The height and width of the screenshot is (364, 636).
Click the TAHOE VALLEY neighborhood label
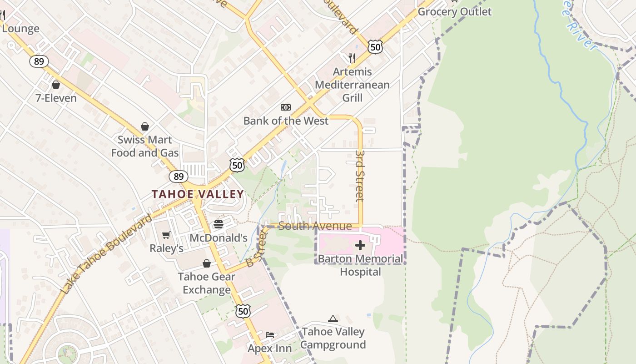[x=198, y=194]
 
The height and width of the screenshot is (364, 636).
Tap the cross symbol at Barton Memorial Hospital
[x=360, y=246]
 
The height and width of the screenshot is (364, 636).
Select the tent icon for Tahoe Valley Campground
[x=333, y=318]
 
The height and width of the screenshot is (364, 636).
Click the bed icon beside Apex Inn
[x=270, y=335]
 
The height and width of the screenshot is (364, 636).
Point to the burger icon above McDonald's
[x=219, y=224]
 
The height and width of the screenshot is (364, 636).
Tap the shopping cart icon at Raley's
[x=166, y=235]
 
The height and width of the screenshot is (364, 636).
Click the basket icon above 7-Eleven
[x=56, y=85]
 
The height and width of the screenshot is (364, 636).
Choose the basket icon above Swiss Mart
[x=145, y=126]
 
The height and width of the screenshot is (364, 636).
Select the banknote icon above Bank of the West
[x=285, y=107]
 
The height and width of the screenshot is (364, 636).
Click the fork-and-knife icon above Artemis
[x=352, y=58]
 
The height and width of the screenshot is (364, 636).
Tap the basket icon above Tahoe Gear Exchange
[x=207, y=263]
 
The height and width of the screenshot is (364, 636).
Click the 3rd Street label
[x=360, y=176]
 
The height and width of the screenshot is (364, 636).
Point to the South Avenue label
[x=315, y=226]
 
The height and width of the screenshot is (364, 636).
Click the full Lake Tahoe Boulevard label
[x=106, y=254]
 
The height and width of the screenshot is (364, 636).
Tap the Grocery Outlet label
[x=454, y=12]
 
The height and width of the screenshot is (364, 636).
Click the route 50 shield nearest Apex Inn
[x=243, y=311]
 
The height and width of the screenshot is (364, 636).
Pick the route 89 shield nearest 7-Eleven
[x=40, y=61]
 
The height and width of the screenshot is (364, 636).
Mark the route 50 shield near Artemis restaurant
[x=375, y=47]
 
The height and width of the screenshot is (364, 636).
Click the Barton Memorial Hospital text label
[x=360, y=265]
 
